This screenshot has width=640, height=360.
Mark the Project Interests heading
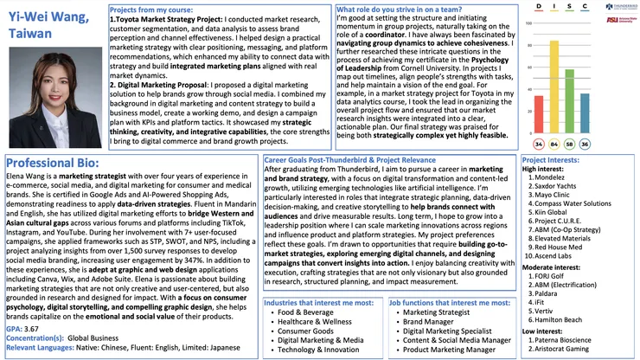click(552, 159)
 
